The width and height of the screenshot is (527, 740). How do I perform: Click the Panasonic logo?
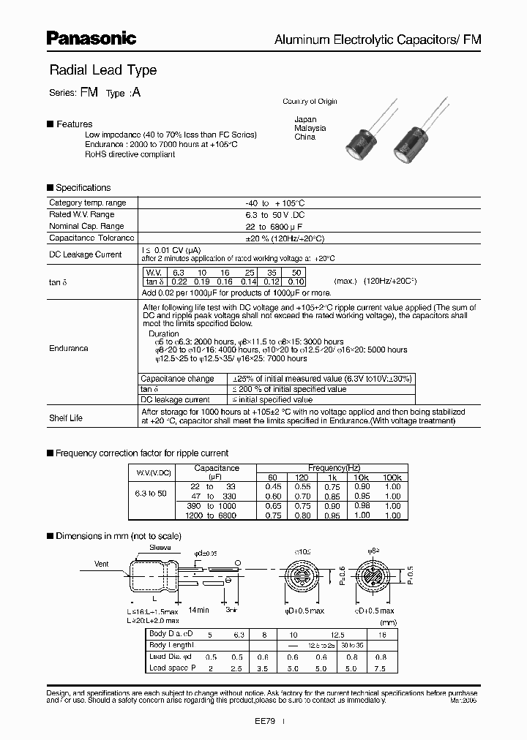point(92,37)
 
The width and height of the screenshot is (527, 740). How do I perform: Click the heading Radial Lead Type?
point(102,70)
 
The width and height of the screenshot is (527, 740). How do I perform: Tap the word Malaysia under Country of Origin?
point(310,128)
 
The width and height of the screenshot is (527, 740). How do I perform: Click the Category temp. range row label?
point(87,203)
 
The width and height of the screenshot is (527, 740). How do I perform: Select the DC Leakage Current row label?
point(85,254)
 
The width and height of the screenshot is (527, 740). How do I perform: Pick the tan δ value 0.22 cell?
point(179,282)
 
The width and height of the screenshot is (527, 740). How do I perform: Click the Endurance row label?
point(69,349)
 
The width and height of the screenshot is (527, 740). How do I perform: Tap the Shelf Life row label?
point(66,418)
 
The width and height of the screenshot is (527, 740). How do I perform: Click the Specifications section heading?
point(83,188)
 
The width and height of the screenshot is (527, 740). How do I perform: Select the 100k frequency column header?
point(393,477)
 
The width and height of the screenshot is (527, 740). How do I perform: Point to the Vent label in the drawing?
point(101,565)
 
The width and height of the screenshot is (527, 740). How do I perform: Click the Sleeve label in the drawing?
point(160,546)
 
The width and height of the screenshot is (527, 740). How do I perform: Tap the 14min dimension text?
point(200,609)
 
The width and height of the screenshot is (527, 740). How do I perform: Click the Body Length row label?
point(171,646)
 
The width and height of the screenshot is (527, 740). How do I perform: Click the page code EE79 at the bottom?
point(265,720)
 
